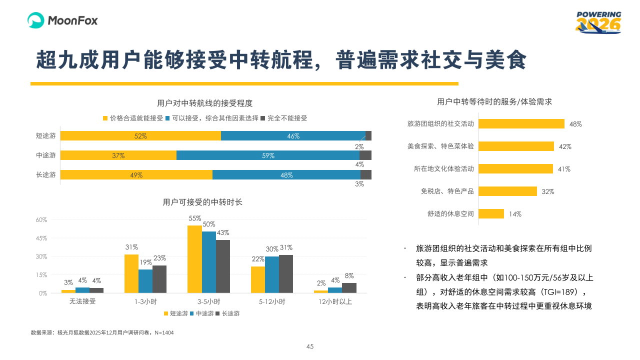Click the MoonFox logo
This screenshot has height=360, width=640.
[62, 20]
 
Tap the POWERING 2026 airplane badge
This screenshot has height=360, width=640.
[598, 22]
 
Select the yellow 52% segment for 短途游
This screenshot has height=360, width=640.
[140, 136]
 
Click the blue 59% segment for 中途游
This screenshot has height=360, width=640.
[268, 155]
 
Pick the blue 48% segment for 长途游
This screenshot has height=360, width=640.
[286, 175]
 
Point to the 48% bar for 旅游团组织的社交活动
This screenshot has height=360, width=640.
[521, 124]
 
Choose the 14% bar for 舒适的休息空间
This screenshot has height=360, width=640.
[491, 214]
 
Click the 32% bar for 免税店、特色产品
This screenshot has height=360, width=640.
[507, 191]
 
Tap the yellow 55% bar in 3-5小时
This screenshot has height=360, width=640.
[194, 259]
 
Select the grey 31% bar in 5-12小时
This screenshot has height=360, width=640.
[286, 273]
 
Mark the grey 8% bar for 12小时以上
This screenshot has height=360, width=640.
[349, 287]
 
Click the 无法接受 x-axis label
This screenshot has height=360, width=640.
[82, 302]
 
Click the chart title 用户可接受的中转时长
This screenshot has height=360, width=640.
[202, 202]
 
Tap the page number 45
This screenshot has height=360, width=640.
[310, 346]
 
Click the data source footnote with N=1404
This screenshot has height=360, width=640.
[102, 332]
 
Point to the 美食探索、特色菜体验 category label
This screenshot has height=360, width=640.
[440, 146]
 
